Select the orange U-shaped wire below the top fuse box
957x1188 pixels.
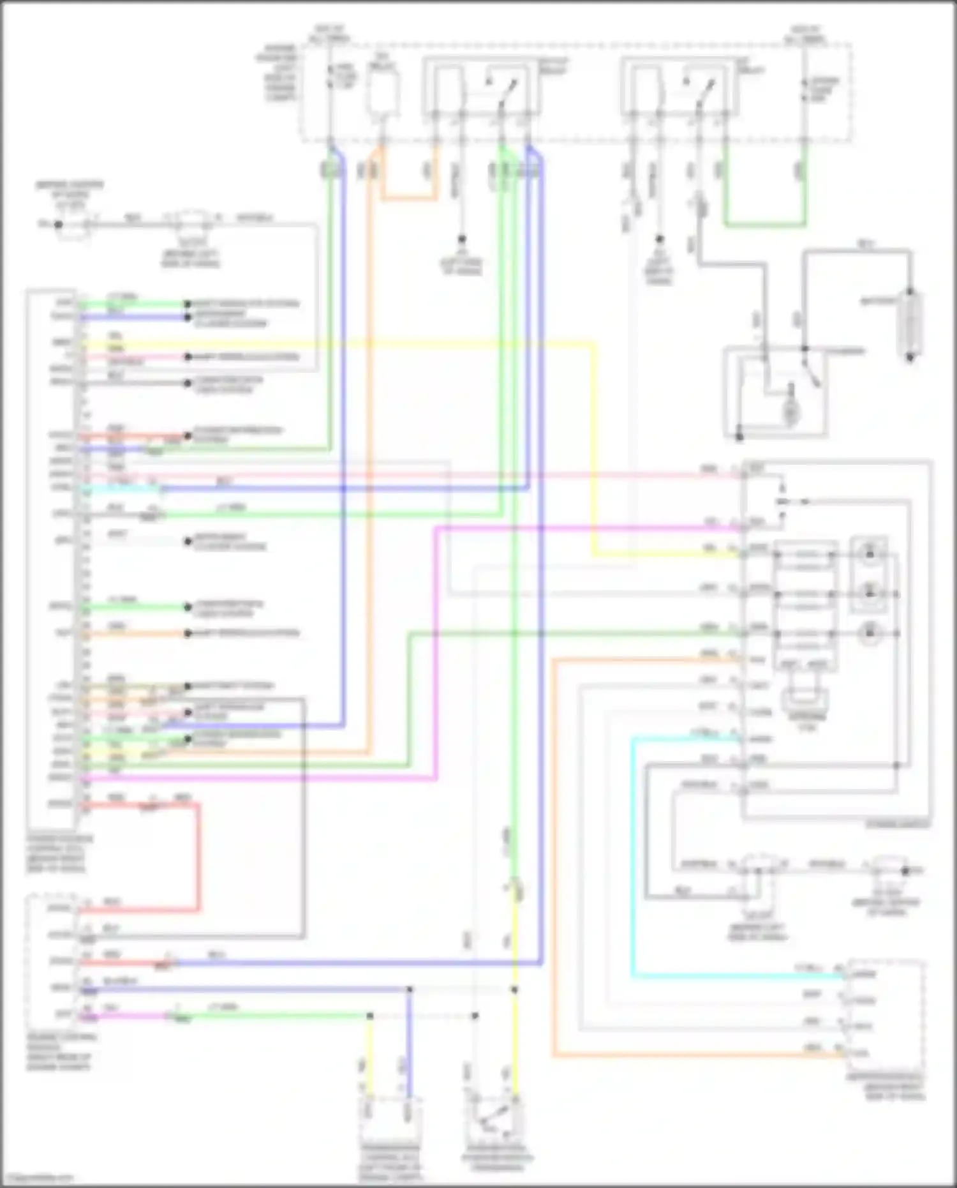pyautogui.click(x=409, y=198)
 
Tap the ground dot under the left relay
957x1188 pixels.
pyautogui.click(x=461, y=239)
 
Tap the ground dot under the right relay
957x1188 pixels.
pyautogui.click(x=659, y=239)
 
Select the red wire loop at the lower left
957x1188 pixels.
pyautogui.click(x=198, y=855)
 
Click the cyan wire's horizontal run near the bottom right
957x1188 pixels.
pyautogui.click(x=734, y=976)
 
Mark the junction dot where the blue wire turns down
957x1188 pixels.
pyautogui.click(x=409, y=989)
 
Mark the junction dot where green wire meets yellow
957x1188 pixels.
pyautogui.click(x=369, y=1016)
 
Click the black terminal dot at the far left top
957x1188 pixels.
pyautogui.click(x=58, y=224)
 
